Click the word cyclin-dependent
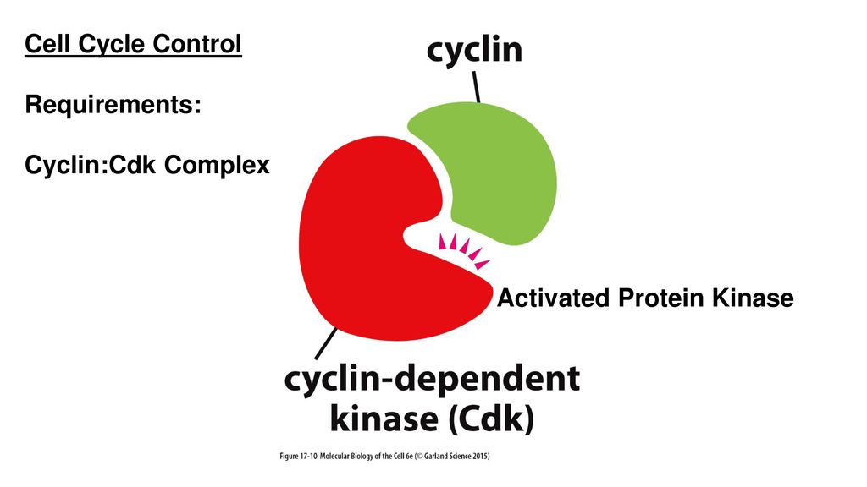pyautogui.click(x=432, y=381)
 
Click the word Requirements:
pyautogui.click(x=113, y=105)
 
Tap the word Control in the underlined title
pyautogui.click(x=203, y=43)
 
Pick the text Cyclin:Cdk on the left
pyautogui.click(x=91, y=167)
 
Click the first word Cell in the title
pyautogui.click(x=47, y=43)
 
